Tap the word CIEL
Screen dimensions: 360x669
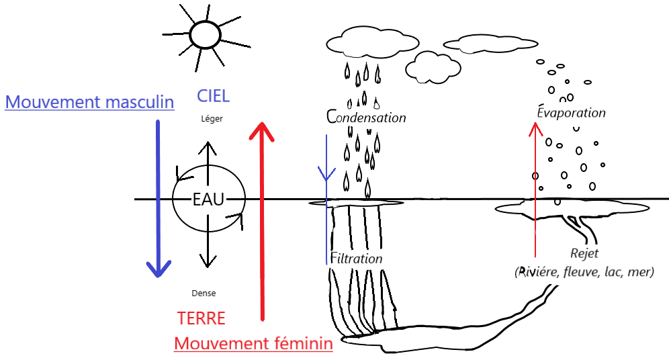coord(213,96)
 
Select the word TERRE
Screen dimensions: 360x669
coord(201,318)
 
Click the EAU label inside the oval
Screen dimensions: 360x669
coord(208,199)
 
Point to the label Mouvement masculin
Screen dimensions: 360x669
coord(89,103)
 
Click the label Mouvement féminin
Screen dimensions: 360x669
coord(253,344)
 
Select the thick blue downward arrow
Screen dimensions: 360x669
coord(158,201)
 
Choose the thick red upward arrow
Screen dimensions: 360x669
coord(262,222)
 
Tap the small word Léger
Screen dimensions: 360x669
coord(211,119)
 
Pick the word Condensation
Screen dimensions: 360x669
coord(367,118)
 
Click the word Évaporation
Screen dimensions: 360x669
coord(572,113)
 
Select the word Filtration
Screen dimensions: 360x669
coord(357,259)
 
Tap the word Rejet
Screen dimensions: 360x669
coord(584,254)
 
